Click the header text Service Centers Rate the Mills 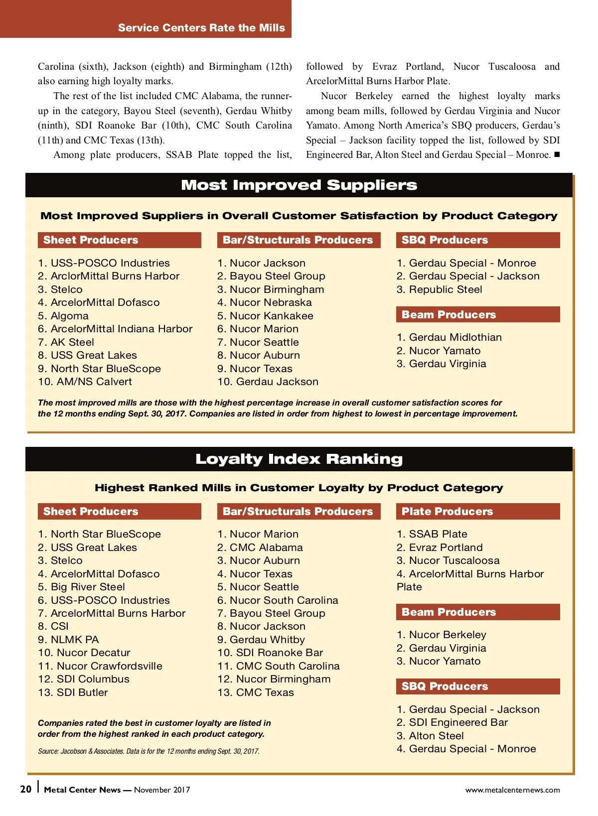click(201, 28)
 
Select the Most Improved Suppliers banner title click(299, 185)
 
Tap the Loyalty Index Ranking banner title click(299, 459)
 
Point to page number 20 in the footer click(26, 789)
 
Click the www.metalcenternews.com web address click(512, 790)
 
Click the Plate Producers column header click(447, 512)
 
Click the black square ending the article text click(557, 154)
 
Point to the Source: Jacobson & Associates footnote click(149, 751)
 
